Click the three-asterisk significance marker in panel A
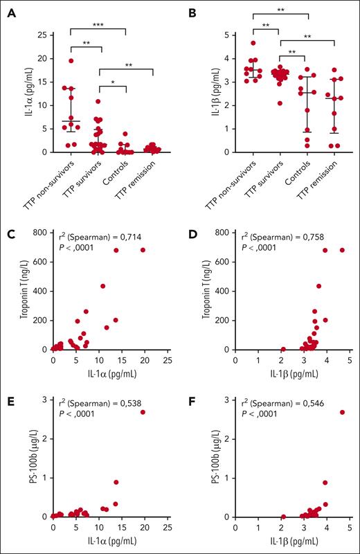click(x=98, y=25)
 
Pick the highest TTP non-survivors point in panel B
click(x=253, y=43)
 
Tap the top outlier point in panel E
click(x=143, y=412)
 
